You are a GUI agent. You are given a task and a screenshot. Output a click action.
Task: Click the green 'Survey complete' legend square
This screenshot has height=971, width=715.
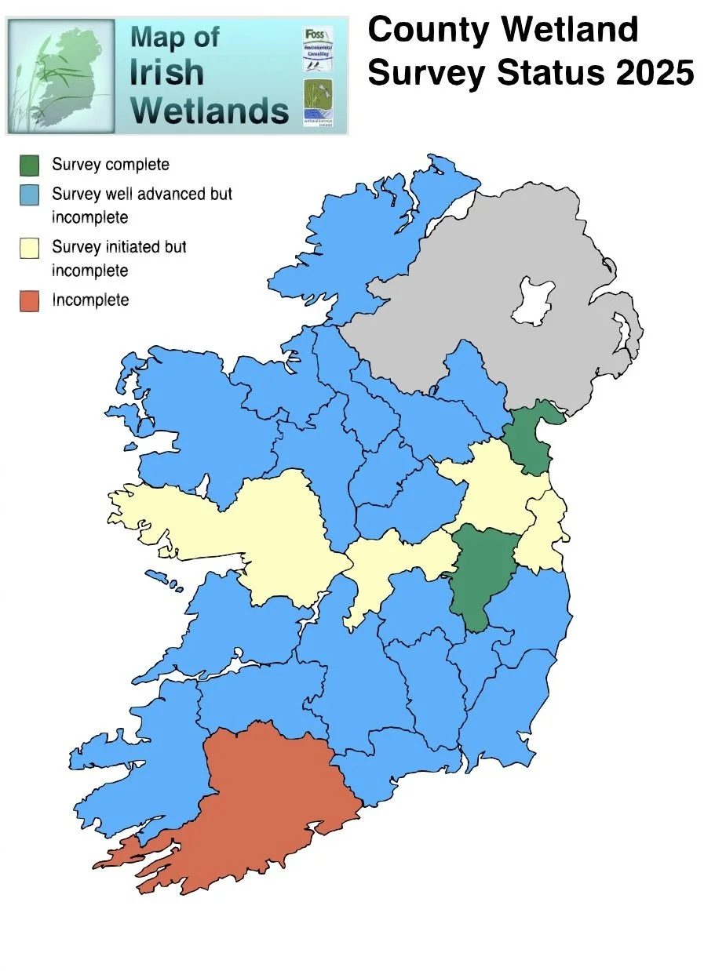[x=30, y=165]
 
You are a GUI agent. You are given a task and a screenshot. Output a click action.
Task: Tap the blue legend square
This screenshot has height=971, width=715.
[x=30, y=195]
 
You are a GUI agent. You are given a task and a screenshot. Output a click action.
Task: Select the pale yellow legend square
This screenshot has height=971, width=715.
[x=30, y=248]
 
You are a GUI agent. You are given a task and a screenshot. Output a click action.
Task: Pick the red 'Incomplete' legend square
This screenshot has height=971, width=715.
[x=30, y=300]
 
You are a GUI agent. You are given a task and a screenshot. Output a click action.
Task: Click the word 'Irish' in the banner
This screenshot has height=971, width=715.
[x=166, y=73]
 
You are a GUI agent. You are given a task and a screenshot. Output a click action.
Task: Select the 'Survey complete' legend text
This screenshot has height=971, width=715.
[x=111, y=165]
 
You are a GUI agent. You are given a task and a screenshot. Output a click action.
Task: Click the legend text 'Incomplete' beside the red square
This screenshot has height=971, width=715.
[x=90, y=300]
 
